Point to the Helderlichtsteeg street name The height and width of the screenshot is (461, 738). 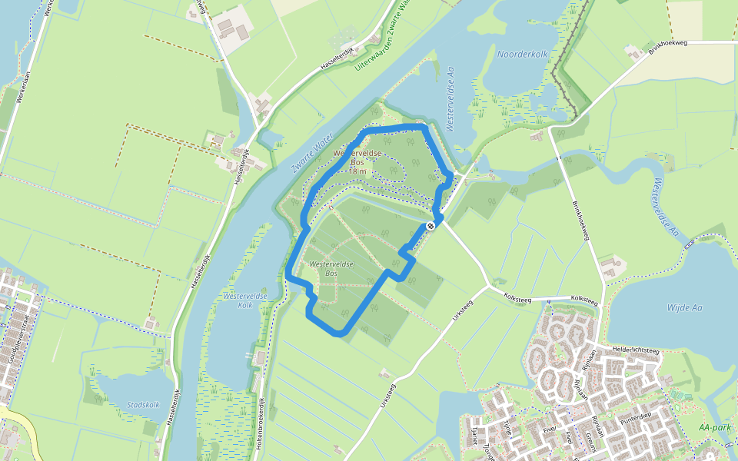pyautogui.click(x=637, y=350)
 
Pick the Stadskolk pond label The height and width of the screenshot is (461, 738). pyautogui.click(x=144, y=405)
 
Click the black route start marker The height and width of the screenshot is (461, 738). pyautogui.click(x=431, y=225)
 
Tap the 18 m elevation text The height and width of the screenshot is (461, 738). pyautogui.click(x=357, y=172)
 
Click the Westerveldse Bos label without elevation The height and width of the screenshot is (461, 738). pyautogui.click(x=331, y=269)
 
